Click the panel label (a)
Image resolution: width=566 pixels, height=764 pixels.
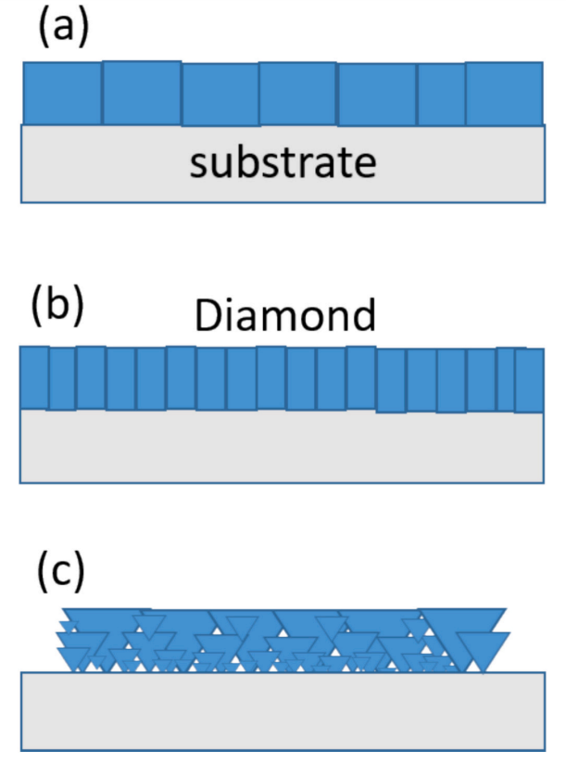pyautogui.click(x=62, y=28)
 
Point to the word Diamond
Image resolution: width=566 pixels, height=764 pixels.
pyautogui.click(x=284, y=317)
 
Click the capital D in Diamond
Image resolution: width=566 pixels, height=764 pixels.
pyautogui.click(x=208, y=317)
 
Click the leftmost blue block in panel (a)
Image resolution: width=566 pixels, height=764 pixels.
pyautogui.click(x=61, y=93)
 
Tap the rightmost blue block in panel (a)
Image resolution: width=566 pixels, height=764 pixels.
pyautogui.click(x=503, y=93)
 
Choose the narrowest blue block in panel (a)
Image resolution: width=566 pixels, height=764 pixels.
pyautogui.click(x=441, y=94)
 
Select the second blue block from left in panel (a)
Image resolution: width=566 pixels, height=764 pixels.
pyautogui.click(x=141, y=93)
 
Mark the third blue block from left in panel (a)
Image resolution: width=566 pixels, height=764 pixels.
pyautogui.click(x=220, y=95)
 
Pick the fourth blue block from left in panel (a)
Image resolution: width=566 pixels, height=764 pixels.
pyautogui.click(x=297, y=94)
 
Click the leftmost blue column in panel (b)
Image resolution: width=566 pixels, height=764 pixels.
pyautogui.click(x=34, y=376)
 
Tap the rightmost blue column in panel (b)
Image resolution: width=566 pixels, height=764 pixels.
pyautogui.click(x=530, y=380)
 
